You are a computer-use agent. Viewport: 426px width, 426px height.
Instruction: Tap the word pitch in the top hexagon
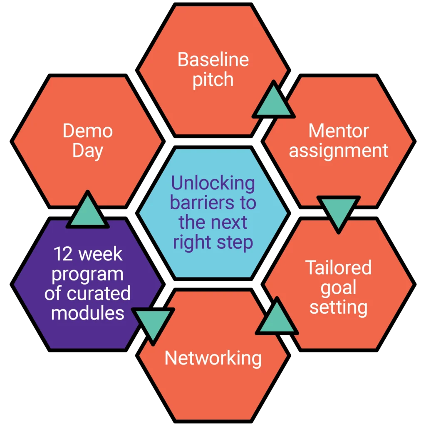[x=213, y=80]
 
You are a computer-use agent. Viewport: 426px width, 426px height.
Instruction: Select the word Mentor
[x=338, y=131]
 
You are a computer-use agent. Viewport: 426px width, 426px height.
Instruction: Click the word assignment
[x=339, y=151]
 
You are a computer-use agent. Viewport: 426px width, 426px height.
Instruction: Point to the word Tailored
[x=338, y=267]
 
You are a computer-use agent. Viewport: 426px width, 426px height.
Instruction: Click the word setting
[x=338, y=307]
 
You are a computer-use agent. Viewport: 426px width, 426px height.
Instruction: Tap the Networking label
[x=213, y=358]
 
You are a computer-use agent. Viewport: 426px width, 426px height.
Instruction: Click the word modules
[x=88, y=313]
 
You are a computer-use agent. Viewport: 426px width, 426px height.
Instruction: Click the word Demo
[x=88, y=131]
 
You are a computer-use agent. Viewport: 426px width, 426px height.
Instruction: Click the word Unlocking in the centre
[x=213, y=183]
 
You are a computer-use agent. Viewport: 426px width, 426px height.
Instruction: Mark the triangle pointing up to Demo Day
[x=88, y=211]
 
